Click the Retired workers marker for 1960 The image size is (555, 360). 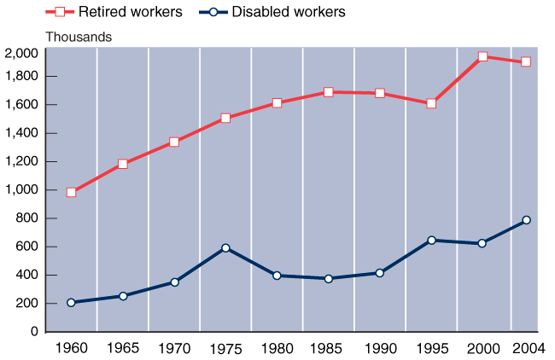click(x=72, y=193)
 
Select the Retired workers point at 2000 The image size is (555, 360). click(x=482, y=57)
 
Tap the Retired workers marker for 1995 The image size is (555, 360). click(x=431, y=103)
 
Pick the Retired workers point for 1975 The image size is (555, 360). click(x=225, y=119)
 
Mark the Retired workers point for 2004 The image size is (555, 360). click(x=526, y=62)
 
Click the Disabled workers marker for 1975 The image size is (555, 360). click(x=225, y=248)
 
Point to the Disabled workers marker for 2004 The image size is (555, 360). click(x=526, y=220)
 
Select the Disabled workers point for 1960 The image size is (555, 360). click(x=72, y=303)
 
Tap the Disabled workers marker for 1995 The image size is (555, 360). click(x=431, y=241)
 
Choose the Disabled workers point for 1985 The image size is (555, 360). click(x=329, y=279)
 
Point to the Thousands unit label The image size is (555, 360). click(x=79, y=37)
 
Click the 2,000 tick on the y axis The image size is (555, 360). click(x=20, y=53)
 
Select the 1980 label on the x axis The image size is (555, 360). click(x=277, y=348)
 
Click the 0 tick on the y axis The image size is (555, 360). click(x=33, y=332)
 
